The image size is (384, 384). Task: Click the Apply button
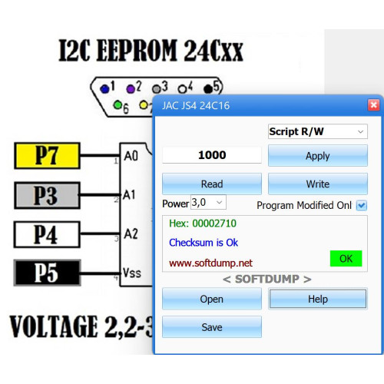(x=318, y=155)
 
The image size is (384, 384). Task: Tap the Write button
(x=318, y=184)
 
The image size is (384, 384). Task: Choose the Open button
(x=212, y=299)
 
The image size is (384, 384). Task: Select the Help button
(x=318, y=299)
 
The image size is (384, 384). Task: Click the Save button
(x=212, y=327)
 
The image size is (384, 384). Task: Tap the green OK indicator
(x=346, y=259)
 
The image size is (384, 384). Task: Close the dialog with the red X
(x=373, y=105)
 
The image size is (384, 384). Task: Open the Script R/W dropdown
(x=318, y=131)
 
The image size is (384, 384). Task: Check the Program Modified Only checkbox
(x=362, y=205)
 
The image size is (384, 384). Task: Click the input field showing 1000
(x=212, y=155)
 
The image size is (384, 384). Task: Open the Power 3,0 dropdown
(x=208, y=203)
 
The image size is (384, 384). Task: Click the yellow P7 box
(x=47, y=155)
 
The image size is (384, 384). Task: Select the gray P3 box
(x=47, y=195)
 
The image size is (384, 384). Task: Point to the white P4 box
(x=47, y=234)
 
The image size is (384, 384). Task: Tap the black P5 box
(x=47, y=273)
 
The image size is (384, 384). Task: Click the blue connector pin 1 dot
(x=104, y=89)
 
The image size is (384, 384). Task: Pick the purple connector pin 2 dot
(x=131, y=89)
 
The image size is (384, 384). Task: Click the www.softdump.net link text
(x=210, y=263)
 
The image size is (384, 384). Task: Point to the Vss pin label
(x=132, y=273)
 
